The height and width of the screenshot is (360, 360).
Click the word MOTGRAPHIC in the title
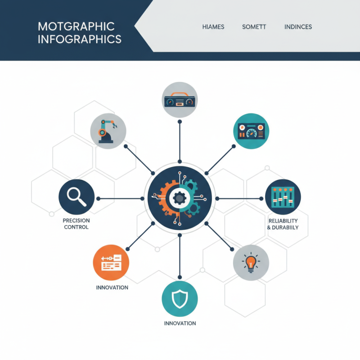tap(76, 27)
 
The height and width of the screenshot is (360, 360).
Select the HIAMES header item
tap(213, 27)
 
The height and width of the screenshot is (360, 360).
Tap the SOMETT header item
tap(254, 27)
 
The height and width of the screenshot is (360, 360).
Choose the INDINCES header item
tap(298, 27)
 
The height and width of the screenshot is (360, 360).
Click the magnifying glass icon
tap(76, 197)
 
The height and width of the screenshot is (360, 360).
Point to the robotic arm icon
tap(108, 131)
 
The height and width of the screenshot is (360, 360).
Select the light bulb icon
tap(251, 262)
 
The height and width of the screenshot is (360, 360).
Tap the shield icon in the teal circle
tap(180, 299)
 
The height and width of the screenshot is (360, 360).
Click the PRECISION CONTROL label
tap(76, 224)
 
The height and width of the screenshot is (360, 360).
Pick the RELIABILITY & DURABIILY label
tap(283, 224)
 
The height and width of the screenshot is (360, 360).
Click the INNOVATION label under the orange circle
tap(112, 288)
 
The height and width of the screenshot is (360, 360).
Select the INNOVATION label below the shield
tap(180, 323)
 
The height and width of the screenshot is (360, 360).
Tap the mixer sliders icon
tap(283, 197)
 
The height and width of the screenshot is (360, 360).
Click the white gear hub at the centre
tap(180, 198)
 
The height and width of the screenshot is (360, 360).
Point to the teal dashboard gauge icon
tap(251, 131)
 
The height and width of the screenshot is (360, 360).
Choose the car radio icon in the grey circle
tap(180, 99)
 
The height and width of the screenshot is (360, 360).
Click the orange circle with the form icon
tap(111, 262)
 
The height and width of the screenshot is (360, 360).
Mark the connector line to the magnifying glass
tap(120, 198)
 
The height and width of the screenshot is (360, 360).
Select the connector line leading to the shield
tap(180, 256)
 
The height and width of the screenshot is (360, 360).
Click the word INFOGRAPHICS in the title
tap(80, 39)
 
